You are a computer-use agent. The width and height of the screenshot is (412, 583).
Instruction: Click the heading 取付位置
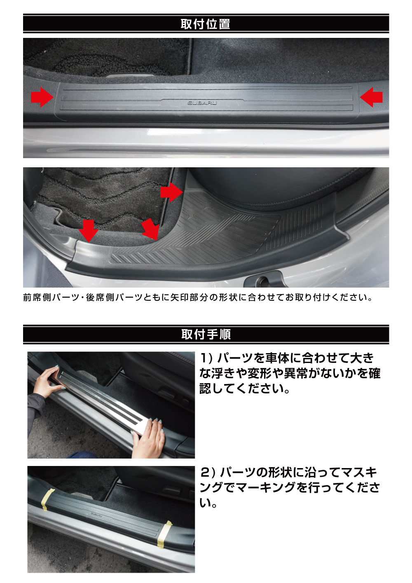[206, 24]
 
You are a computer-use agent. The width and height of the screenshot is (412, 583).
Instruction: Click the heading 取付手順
[206, 334]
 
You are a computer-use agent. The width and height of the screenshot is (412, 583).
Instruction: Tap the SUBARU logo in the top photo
[202, 103]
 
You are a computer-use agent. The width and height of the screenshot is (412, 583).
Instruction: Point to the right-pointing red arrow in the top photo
[42, 97]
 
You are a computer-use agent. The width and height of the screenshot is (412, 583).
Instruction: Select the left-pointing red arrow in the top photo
[371, 97]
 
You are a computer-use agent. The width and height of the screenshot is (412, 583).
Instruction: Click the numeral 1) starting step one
[206, 358]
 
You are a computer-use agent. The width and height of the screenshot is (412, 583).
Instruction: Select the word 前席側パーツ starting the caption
[51, 297]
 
